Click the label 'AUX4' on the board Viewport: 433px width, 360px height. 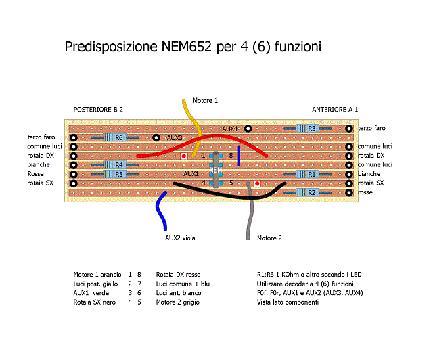[230, 129]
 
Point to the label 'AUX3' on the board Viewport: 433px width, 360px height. [175, 138]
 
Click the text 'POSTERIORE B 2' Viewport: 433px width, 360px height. [98, 109]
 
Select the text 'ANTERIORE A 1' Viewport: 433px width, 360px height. [335, 109]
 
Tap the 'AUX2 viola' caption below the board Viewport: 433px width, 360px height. [181, 238]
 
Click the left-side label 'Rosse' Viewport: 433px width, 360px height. [36, 174]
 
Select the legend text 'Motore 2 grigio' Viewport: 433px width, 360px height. [179, 302]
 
